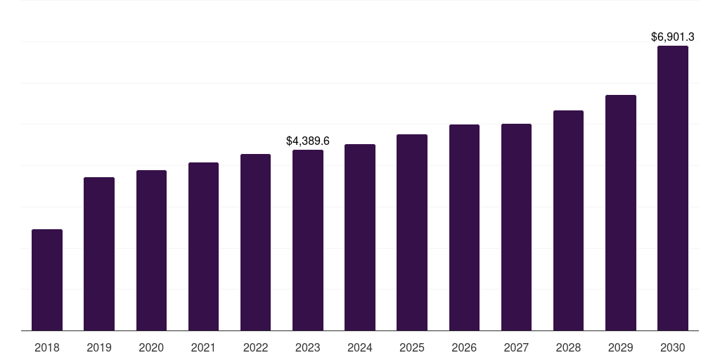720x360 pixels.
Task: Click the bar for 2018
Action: coord(47,280)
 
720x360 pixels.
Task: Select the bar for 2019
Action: coord(99,254)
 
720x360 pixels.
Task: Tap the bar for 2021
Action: coord(203,247)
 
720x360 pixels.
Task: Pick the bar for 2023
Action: coord(308,240)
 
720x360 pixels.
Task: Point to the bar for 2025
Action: coord(412,232)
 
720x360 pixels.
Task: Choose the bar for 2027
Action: coord(516,227)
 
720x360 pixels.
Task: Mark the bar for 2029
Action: coord(621,212)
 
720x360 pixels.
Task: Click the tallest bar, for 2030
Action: coord(673,188)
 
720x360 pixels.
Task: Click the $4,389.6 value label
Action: coord(308,141)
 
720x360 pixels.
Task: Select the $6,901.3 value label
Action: coord(673,37)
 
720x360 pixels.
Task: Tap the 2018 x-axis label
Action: coord(47,347)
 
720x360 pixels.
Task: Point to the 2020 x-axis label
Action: coord(151,347)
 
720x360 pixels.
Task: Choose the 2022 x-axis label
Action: coord(255,347)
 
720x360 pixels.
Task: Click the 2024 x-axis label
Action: coord(359,347)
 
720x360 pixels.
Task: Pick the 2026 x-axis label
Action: coord(464,347)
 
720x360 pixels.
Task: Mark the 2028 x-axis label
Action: coord(568,347)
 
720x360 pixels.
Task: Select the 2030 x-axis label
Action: coord(673,347)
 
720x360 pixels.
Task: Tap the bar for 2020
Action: coord(151,250)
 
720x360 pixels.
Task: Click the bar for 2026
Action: coord(464,227)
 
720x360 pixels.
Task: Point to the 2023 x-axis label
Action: coord(308,347)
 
